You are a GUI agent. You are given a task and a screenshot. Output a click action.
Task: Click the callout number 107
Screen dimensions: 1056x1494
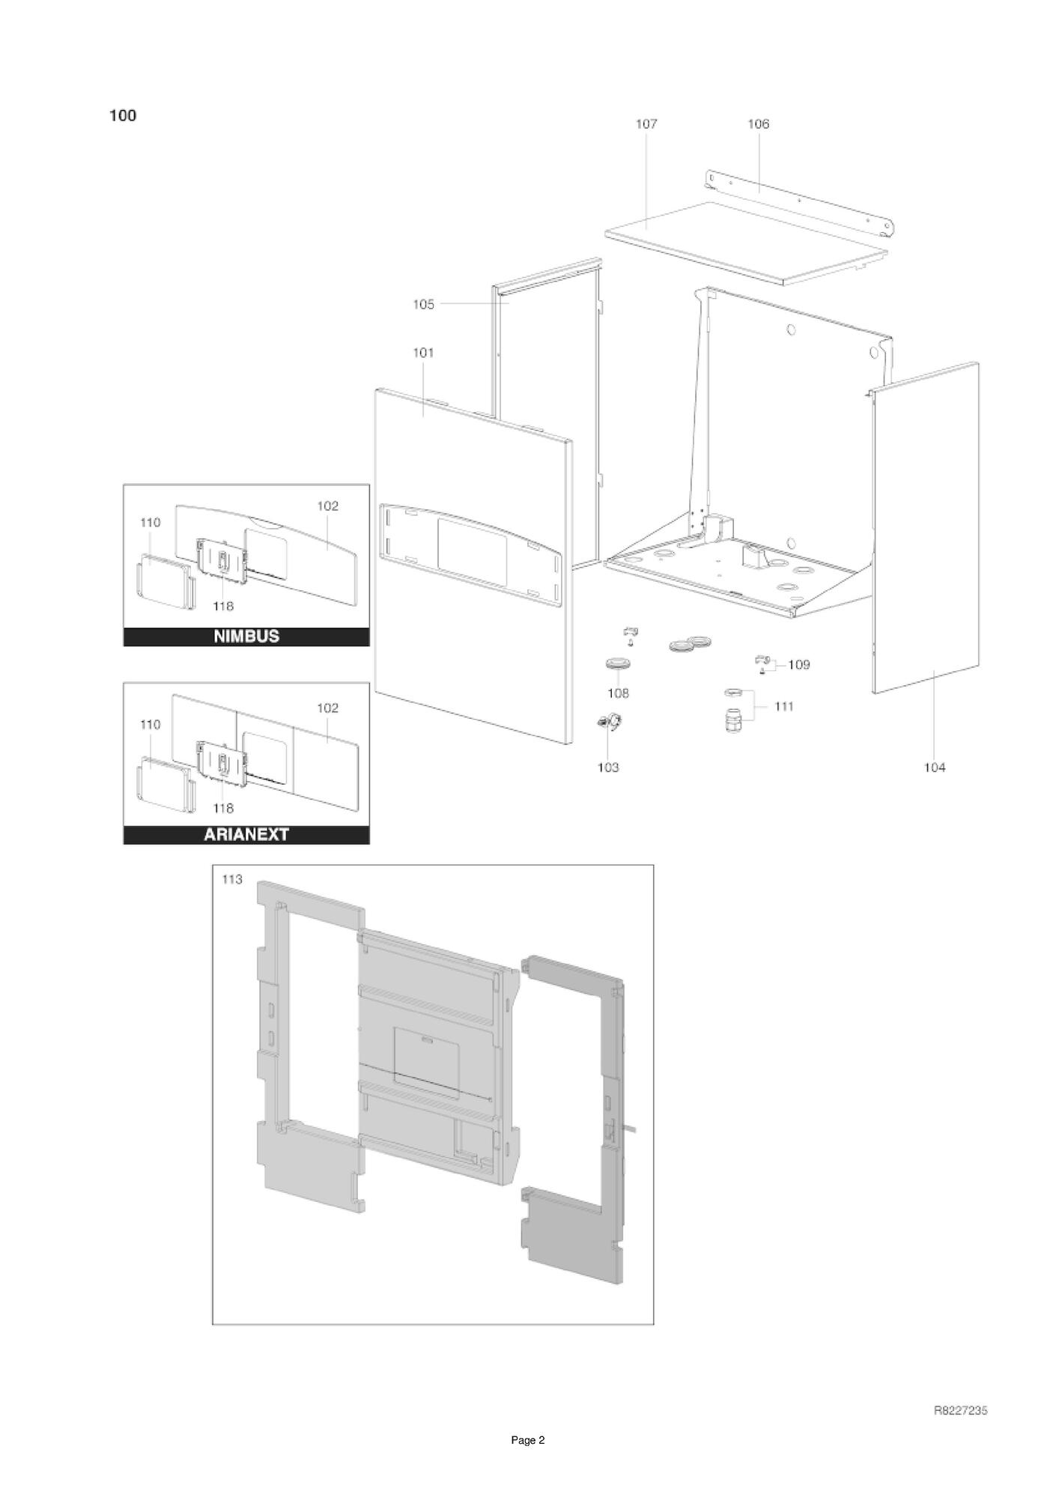coord(646,124)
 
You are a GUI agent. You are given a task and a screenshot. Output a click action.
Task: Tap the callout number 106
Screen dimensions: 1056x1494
coord(759,124)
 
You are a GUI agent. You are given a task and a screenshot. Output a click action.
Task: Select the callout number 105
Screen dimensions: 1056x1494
coord(424,304)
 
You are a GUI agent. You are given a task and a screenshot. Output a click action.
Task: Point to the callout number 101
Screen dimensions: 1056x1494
coord(424,353)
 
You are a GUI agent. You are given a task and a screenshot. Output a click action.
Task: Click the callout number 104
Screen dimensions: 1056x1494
coord(935,768)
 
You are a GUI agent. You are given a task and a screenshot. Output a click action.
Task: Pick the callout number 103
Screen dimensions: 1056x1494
coord(608,768)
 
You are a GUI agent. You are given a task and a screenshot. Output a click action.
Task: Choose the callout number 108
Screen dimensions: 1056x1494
coord(618,693)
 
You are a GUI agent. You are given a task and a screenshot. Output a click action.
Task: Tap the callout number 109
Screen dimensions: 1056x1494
coord(799,664)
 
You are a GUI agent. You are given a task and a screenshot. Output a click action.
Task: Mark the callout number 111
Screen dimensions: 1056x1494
coord(783,706)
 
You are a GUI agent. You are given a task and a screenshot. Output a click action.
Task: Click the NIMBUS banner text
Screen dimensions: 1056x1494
coord(246,637)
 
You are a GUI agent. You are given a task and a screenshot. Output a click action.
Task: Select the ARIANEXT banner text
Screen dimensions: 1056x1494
coord(246,834)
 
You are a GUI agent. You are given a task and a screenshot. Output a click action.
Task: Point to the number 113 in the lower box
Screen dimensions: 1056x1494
coord(232,879)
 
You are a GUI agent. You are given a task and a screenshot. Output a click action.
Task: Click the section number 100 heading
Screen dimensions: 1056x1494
coord(123,115)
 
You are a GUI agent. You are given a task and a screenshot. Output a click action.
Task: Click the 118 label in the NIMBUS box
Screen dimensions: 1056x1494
coord(223,607)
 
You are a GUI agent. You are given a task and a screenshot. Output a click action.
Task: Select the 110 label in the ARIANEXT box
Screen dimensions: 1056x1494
coord(151,725)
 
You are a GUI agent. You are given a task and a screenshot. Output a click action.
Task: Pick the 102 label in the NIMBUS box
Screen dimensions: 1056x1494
coord(328,506)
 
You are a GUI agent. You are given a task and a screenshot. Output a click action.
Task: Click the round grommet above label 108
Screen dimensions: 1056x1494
coord(618,664)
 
